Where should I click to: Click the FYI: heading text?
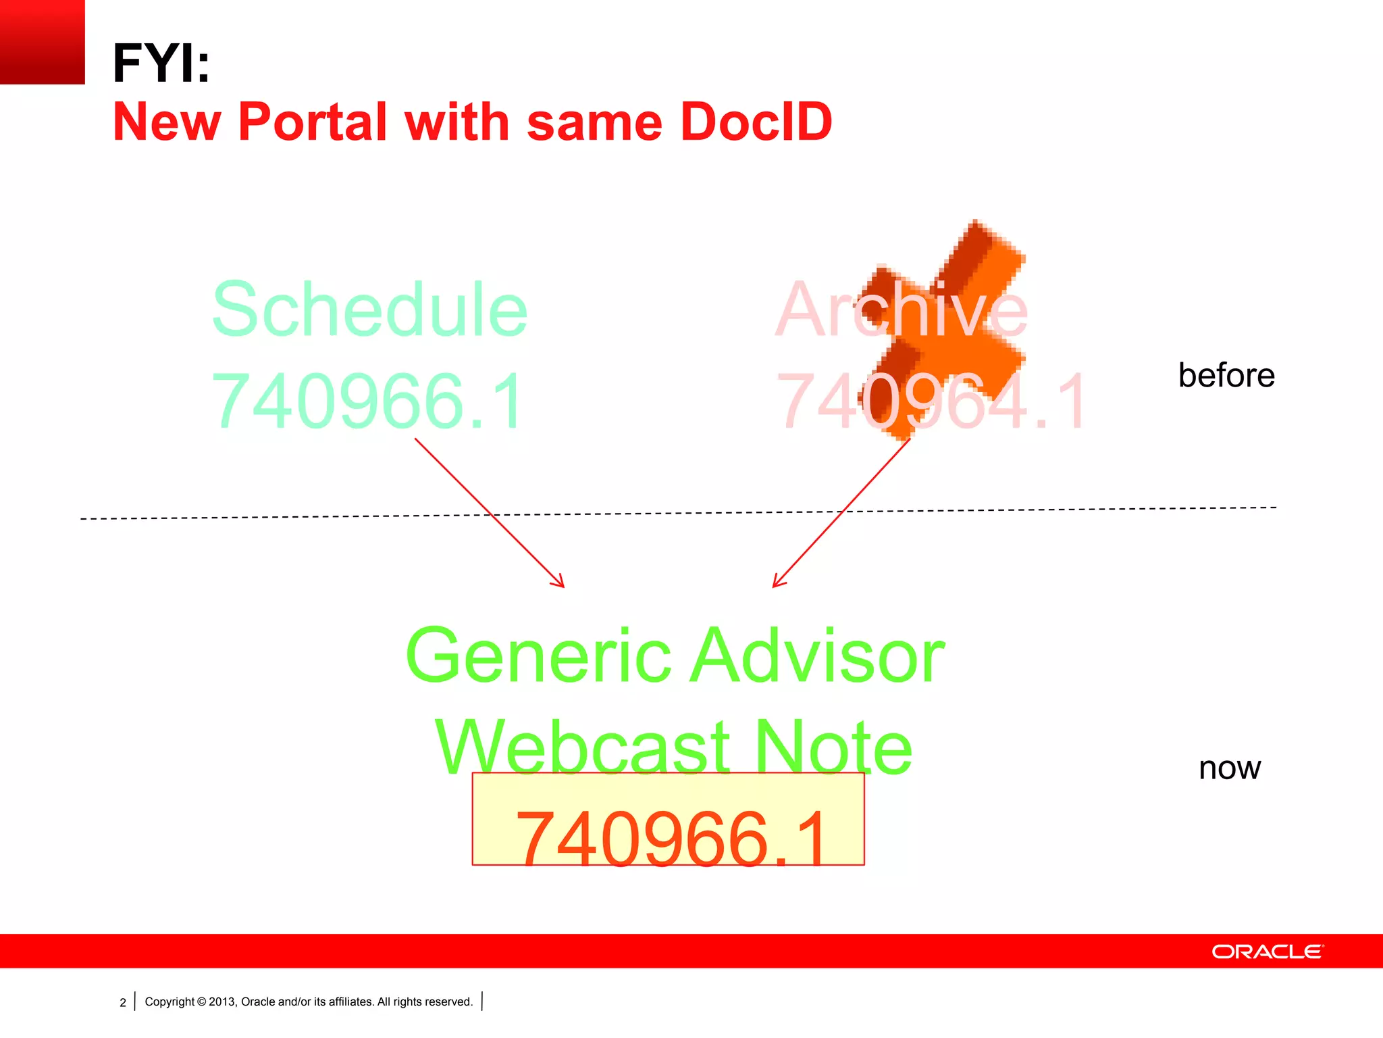161,64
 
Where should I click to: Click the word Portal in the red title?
312,122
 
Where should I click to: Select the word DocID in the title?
756,122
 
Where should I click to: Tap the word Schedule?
369,310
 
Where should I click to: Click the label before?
1226,376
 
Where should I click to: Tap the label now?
1229,768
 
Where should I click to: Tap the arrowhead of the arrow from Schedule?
560,583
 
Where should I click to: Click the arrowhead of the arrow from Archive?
777,583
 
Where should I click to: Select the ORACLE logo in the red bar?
1268,951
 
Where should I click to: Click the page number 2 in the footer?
123,1002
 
